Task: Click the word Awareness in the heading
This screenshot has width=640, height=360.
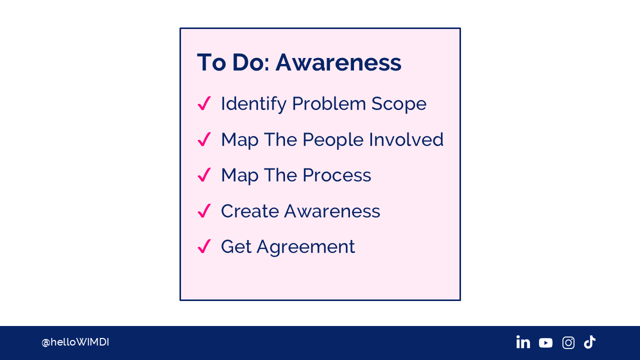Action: (338, 62)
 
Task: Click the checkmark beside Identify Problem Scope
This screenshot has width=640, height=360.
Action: (204, 103)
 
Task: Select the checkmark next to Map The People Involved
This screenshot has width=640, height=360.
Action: (204, 139)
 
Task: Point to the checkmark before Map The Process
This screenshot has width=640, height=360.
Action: (204, 174)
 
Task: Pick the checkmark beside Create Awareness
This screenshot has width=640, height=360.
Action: (204, 210)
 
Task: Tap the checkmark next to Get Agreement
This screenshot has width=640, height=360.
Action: (204, 246)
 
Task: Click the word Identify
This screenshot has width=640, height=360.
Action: (253, 104)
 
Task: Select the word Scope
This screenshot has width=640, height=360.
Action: (399, 104)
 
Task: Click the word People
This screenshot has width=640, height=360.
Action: (333, 140)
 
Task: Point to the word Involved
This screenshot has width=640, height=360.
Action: (406, 139)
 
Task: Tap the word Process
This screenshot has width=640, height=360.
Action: (337, 175)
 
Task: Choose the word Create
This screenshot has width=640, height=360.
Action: (250, 211)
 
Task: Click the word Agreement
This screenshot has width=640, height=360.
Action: (305, 247)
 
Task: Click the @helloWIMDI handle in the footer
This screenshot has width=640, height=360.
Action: (75, 342)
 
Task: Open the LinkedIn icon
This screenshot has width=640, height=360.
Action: (523, 342)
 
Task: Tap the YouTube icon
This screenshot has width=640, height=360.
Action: (545, 343)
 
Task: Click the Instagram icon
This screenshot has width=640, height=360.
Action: (568, 342)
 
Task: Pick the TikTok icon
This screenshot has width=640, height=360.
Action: (589, 342)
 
